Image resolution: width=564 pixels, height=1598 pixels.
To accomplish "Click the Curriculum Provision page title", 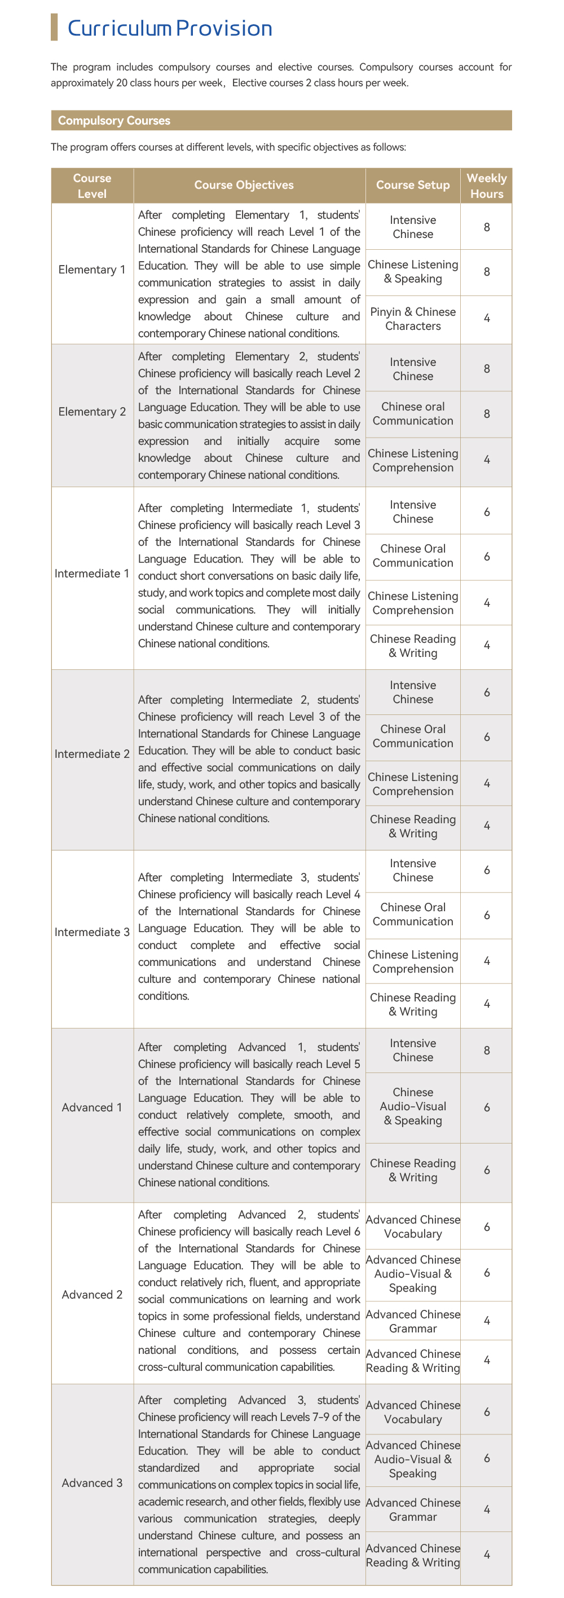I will pos(169,29).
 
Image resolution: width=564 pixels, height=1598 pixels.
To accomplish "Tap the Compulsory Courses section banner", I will pos(114,120).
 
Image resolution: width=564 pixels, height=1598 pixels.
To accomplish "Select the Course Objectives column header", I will pos(244,185).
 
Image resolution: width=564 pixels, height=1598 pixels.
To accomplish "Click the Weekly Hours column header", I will pos(486,186).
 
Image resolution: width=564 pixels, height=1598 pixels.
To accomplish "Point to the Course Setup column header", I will pos(413,185).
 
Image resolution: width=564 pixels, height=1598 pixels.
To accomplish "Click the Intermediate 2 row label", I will pos(92,754).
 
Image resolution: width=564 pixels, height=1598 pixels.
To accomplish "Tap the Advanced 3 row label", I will pos(92,1482).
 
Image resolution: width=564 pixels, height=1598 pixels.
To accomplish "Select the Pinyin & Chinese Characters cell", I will pos(413,319).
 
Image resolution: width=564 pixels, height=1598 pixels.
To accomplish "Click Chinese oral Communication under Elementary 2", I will pos(413,414).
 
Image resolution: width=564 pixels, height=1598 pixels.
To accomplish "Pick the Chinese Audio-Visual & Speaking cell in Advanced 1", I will pos(413,1106).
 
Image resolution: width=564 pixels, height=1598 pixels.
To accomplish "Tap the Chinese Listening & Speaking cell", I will pos(413,272).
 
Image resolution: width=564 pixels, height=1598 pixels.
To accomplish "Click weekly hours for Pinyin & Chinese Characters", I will pos(486,318).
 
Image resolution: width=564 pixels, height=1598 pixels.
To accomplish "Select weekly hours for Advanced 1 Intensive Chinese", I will pos(486,1050).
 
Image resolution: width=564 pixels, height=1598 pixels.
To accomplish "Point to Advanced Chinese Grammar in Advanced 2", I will pos(413,1321).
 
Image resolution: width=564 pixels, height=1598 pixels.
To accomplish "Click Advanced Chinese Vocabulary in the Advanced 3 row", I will pos(413,1412).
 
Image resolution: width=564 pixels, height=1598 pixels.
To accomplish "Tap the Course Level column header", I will pos(92,186).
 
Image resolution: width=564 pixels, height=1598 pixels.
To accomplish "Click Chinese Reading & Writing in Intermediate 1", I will pos(413,646).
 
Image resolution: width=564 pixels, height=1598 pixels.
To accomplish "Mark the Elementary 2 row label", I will pos(92,412).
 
